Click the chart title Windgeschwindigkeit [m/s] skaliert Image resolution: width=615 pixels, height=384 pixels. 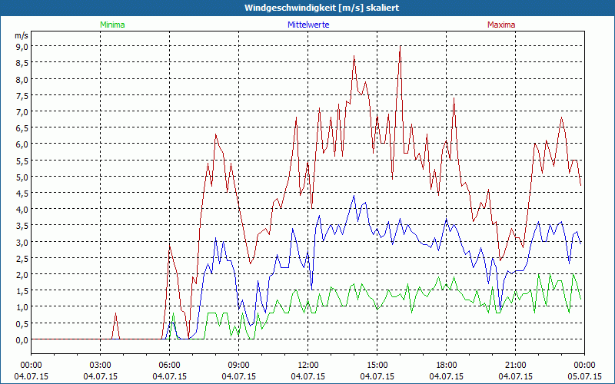tap(307, 8)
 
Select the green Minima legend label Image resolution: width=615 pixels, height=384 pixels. tap(111, 25)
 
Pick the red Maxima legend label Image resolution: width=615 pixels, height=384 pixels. tap(501, 25)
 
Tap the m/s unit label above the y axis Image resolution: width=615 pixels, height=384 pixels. tap(21, 35)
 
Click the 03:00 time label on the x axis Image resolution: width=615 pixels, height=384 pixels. tap(101, 364)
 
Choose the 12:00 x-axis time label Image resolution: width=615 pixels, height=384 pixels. tap(308, 364)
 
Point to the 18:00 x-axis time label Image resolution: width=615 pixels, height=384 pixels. tap(447, 364)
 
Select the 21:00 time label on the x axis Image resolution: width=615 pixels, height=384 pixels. tap(516, 364)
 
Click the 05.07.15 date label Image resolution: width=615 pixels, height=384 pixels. tap(584, 376)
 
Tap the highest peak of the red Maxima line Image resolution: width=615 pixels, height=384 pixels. tap(401, 46)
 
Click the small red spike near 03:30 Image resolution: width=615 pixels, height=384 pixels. tap(115, 313)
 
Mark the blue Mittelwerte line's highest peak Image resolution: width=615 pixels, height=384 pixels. tap(354, 196)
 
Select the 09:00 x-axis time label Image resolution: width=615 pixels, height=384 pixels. tap(239, 364)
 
